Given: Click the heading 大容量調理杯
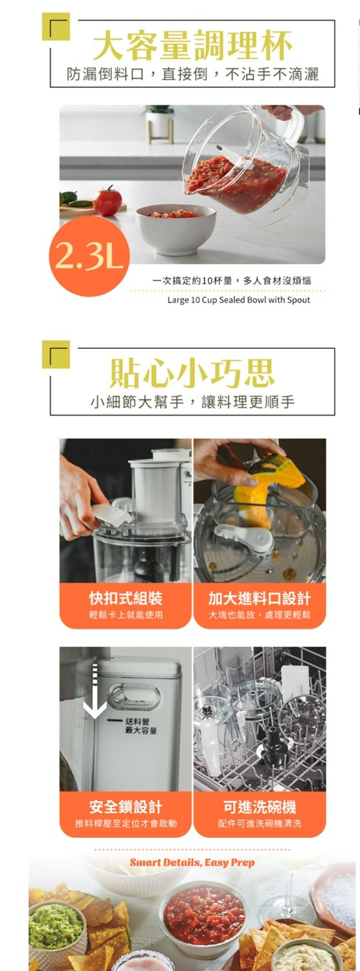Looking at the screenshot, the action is pyautogui.click(x=192, y=45).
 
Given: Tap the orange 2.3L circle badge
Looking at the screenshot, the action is pyautogui.click(x=89, y=256).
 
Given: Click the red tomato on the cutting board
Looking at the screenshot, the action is pyautogui.click(x=107, y=201).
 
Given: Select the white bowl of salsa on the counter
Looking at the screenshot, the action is pyautogui.click(x=175, y=229).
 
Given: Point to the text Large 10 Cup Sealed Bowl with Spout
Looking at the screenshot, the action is pyautogui.click(x=238, y=300).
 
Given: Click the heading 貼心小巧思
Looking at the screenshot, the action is pyautogui.click(x=192, y=374).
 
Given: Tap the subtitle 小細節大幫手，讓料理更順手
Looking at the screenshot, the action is pyautogui.click(x=192, y=402).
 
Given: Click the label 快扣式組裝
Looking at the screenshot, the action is pyautogui.click(x=126, y=599).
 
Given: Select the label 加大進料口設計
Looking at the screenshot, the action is pyautogui.click(x=260, y=599).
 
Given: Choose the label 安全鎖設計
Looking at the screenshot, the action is pyautogui.click(x=126, y=807).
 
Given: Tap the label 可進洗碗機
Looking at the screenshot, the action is pyautogui.click(x=260, y=807).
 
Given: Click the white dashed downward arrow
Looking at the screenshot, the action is pyautogui.click(x=95, y=687).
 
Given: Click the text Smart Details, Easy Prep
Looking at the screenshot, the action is pyautogui.click(x=192, y=862).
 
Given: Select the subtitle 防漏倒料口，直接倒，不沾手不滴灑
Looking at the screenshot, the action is pyautogui.click(x=192, y=74).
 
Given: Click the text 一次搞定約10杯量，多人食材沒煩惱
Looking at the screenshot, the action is pyautogui.click(x=232, y=280).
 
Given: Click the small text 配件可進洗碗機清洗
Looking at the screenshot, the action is pyautogui.click(x=260, y=823).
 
